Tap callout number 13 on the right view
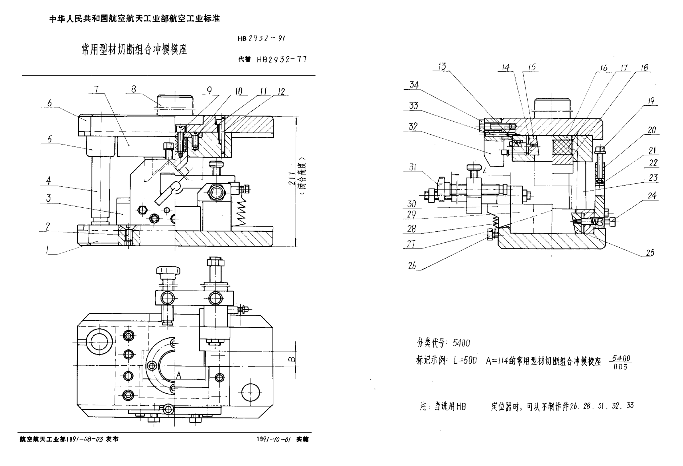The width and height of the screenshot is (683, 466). (x=442, y=66)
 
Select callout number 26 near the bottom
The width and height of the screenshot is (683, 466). (x=412, y=266)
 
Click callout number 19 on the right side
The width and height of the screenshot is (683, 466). (x=651, y=101)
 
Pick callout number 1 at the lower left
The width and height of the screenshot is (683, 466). (x=48, y=250)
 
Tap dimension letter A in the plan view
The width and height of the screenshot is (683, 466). (x=179, y=376)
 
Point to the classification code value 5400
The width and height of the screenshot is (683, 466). (x=461, y=343)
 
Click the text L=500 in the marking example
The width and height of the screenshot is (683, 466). (x=465, y=361)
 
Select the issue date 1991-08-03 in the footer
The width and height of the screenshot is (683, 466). (x=84, y=439)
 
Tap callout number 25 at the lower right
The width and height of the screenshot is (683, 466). (x=650, y=252)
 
